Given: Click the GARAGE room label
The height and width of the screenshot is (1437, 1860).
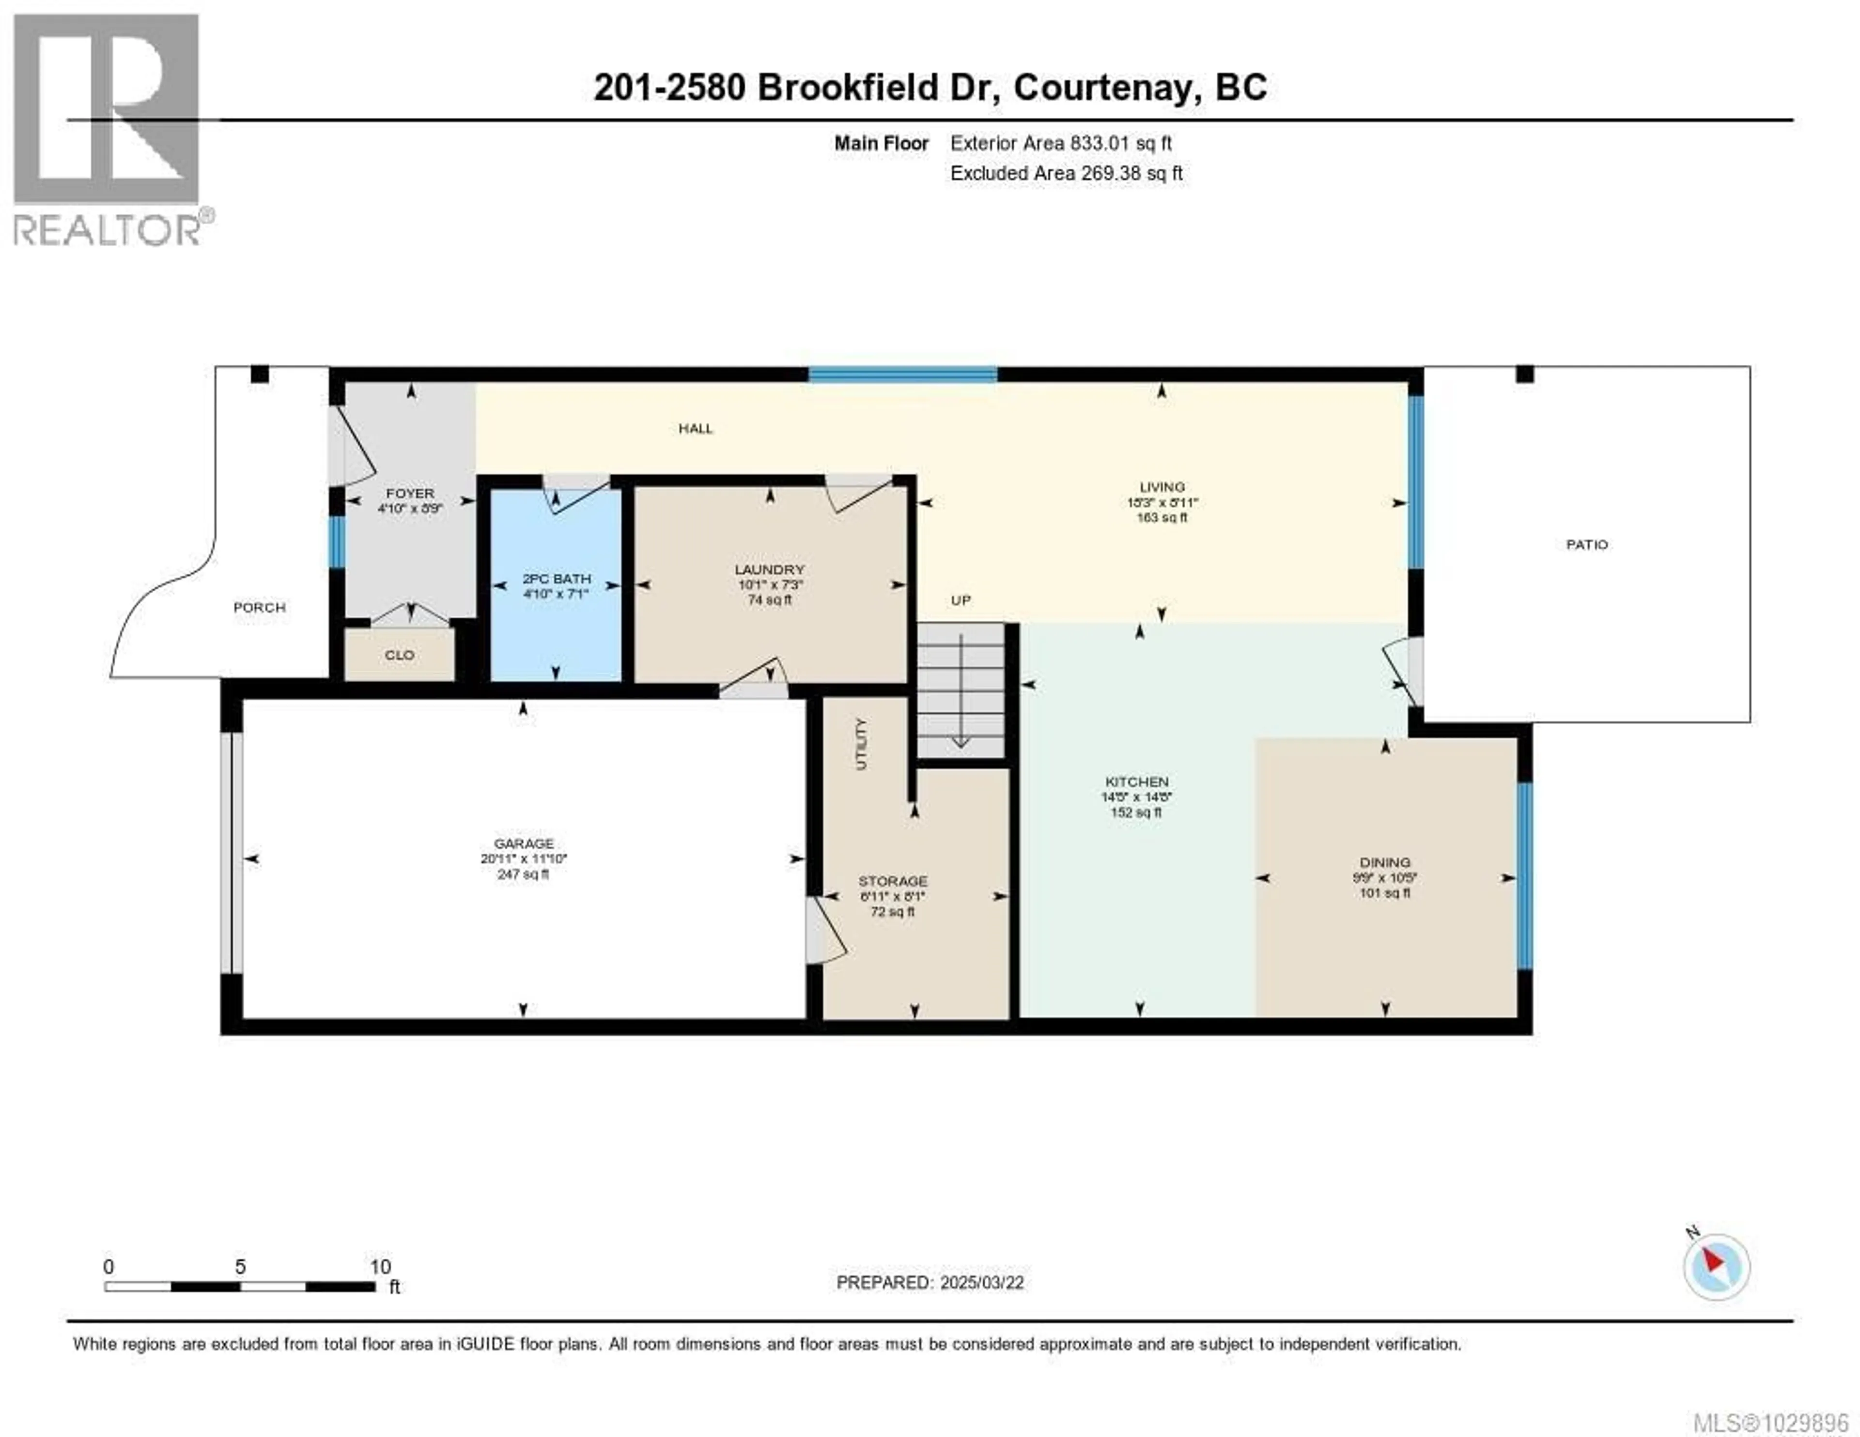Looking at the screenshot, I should click(x=523, y=843).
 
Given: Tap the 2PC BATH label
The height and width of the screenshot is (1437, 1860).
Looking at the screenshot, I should click(x=556, y=578).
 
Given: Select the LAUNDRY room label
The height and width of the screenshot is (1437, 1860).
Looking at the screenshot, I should click(x=769, y=569).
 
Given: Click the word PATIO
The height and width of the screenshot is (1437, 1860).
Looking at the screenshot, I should click(x=1587, y=544).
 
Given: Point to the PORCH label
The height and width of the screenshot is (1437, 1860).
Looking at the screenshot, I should click(x=260, y=608).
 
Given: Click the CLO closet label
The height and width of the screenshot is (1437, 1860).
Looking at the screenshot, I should click(x=400, y=655).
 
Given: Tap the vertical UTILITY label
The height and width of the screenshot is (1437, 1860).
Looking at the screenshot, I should click(x=861, y=744).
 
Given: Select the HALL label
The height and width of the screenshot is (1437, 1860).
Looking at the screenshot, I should click(x=695, y=428).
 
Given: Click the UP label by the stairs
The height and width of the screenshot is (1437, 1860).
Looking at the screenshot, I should click(x=961, y=600).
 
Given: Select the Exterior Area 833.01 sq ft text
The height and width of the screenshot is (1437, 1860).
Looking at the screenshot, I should click(x=1061, y=143).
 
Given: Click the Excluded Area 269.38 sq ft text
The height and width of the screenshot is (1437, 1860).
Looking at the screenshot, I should click(x=1066, y=173).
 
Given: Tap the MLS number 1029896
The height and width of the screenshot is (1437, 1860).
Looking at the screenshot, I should click(x=1770, y=1422).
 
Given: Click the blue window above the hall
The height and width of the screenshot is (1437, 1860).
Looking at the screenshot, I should click(x=903, y=374).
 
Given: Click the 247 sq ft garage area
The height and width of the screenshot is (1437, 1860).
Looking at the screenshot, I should click(x=523, y=874).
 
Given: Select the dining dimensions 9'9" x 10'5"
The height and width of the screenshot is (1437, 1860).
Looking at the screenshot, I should click(x=1385, y=877).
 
